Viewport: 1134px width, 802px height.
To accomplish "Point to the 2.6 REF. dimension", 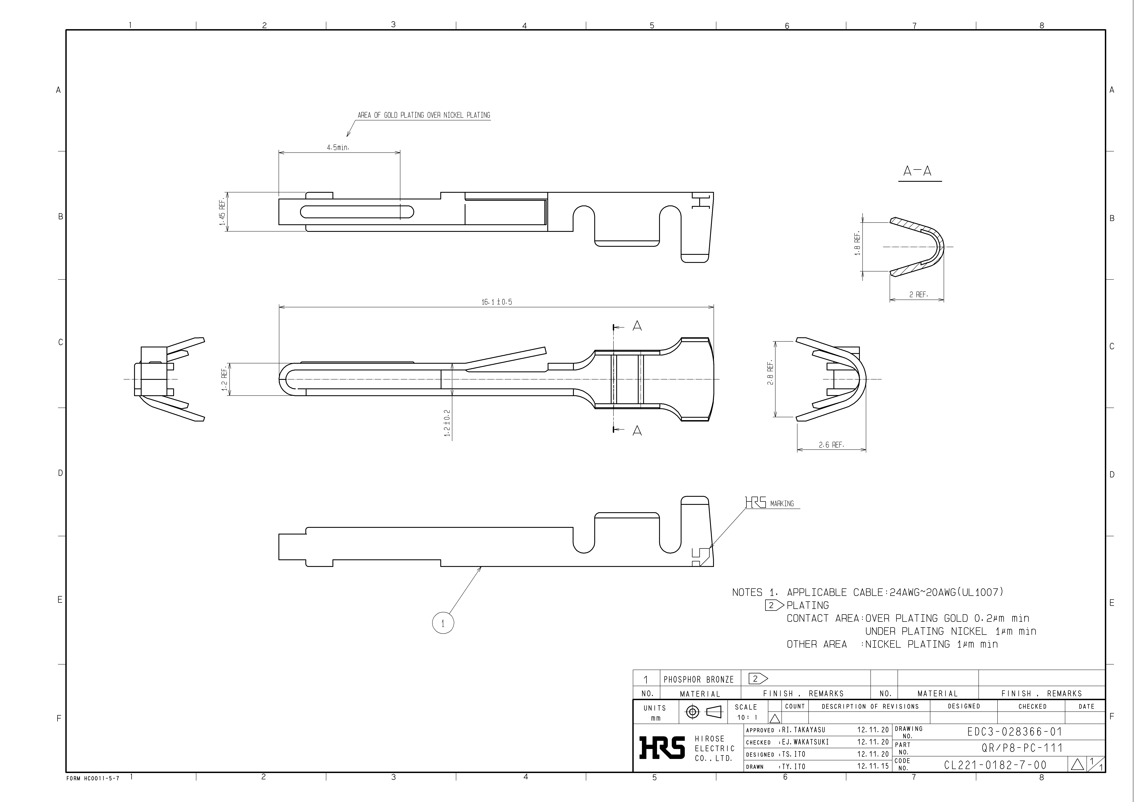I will click(831, 445).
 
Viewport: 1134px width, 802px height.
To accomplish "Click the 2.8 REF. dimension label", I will click(770, 374).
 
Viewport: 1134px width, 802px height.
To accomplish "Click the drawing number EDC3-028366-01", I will click(1014, 732).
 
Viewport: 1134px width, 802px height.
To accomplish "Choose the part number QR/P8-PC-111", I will click(1021, 748).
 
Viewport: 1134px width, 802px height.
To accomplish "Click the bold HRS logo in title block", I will click(662, 747).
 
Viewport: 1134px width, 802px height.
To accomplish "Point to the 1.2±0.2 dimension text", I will click(447, 423).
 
